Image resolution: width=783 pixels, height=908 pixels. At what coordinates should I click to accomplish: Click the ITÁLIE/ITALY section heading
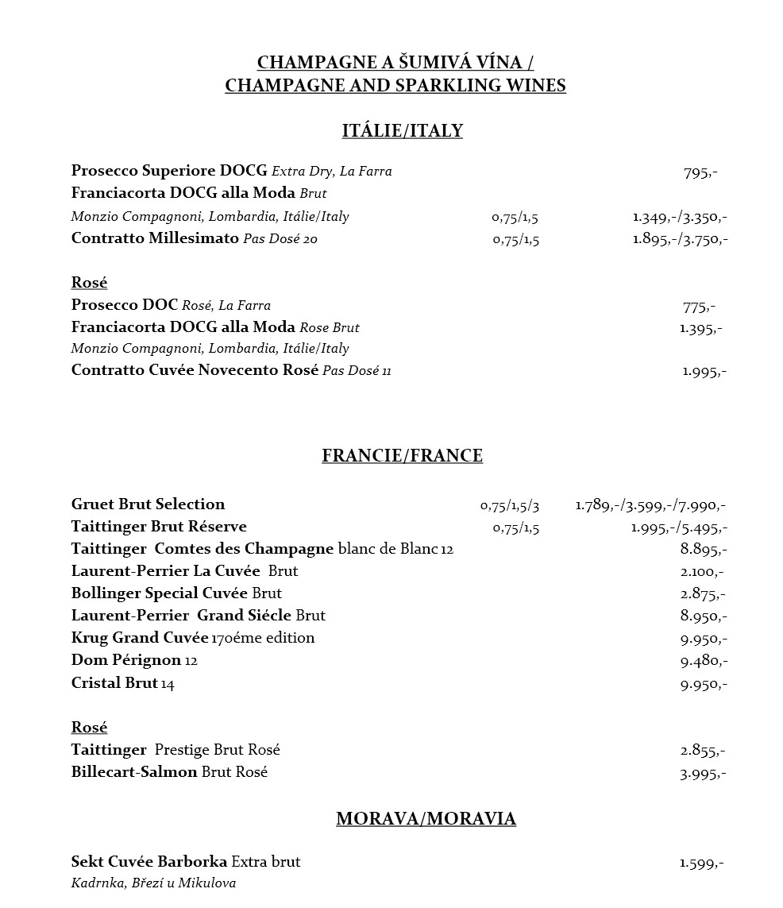click(402, 131)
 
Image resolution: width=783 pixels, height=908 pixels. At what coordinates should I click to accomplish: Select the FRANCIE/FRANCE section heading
click(402, 456)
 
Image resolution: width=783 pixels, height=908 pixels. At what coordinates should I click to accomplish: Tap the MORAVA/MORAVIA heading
click(426, 819)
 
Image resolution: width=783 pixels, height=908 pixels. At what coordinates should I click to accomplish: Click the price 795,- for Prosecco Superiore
click(700, 172)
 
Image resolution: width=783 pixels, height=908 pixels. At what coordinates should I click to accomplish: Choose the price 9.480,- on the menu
click(704, 661)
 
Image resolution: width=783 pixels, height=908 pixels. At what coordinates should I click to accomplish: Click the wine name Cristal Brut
click(115, 683)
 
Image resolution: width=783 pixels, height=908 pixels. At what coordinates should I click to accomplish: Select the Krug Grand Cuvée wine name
click(140, 638)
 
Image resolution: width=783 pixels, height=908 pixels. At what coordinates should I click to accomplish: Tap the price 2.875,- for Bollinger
click(704, 594)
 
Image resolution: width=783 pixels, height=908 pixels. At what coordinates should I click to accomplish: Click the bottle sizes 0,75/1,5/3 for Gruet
click(510, 505)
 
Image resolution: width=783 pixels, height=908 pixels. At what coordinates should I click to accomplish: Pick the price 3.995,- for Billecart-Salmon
click(704, 773)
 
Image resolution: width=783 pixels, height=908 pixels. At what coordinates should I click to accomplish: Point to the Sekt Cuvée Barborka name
click(149, 862)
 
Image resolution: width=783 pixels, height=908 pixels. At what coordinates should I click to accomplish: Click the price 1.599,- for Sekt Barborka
click(702, 863)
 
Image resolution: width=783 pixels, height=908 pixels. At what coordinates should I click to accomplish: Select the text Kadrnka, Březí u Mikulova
click(153, 883)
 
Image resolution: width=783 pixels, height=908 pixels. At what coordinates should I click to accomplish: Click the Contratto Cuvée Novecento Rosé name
click(195, 370)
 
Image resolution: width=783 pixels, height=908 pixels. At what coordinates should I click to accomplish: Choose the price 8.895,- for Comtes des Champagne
click(704, 550)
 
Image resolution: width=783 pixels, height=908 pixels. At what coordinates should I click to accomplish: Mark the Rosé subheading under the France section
click(89, 728)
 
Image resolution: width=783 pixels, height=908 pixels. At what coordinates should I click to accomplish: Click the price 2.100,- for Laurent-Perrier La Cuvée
click(702, 572)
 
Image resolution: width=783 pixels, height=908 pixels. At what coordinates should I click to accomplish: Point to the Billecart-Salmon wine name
click(133, 772)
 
